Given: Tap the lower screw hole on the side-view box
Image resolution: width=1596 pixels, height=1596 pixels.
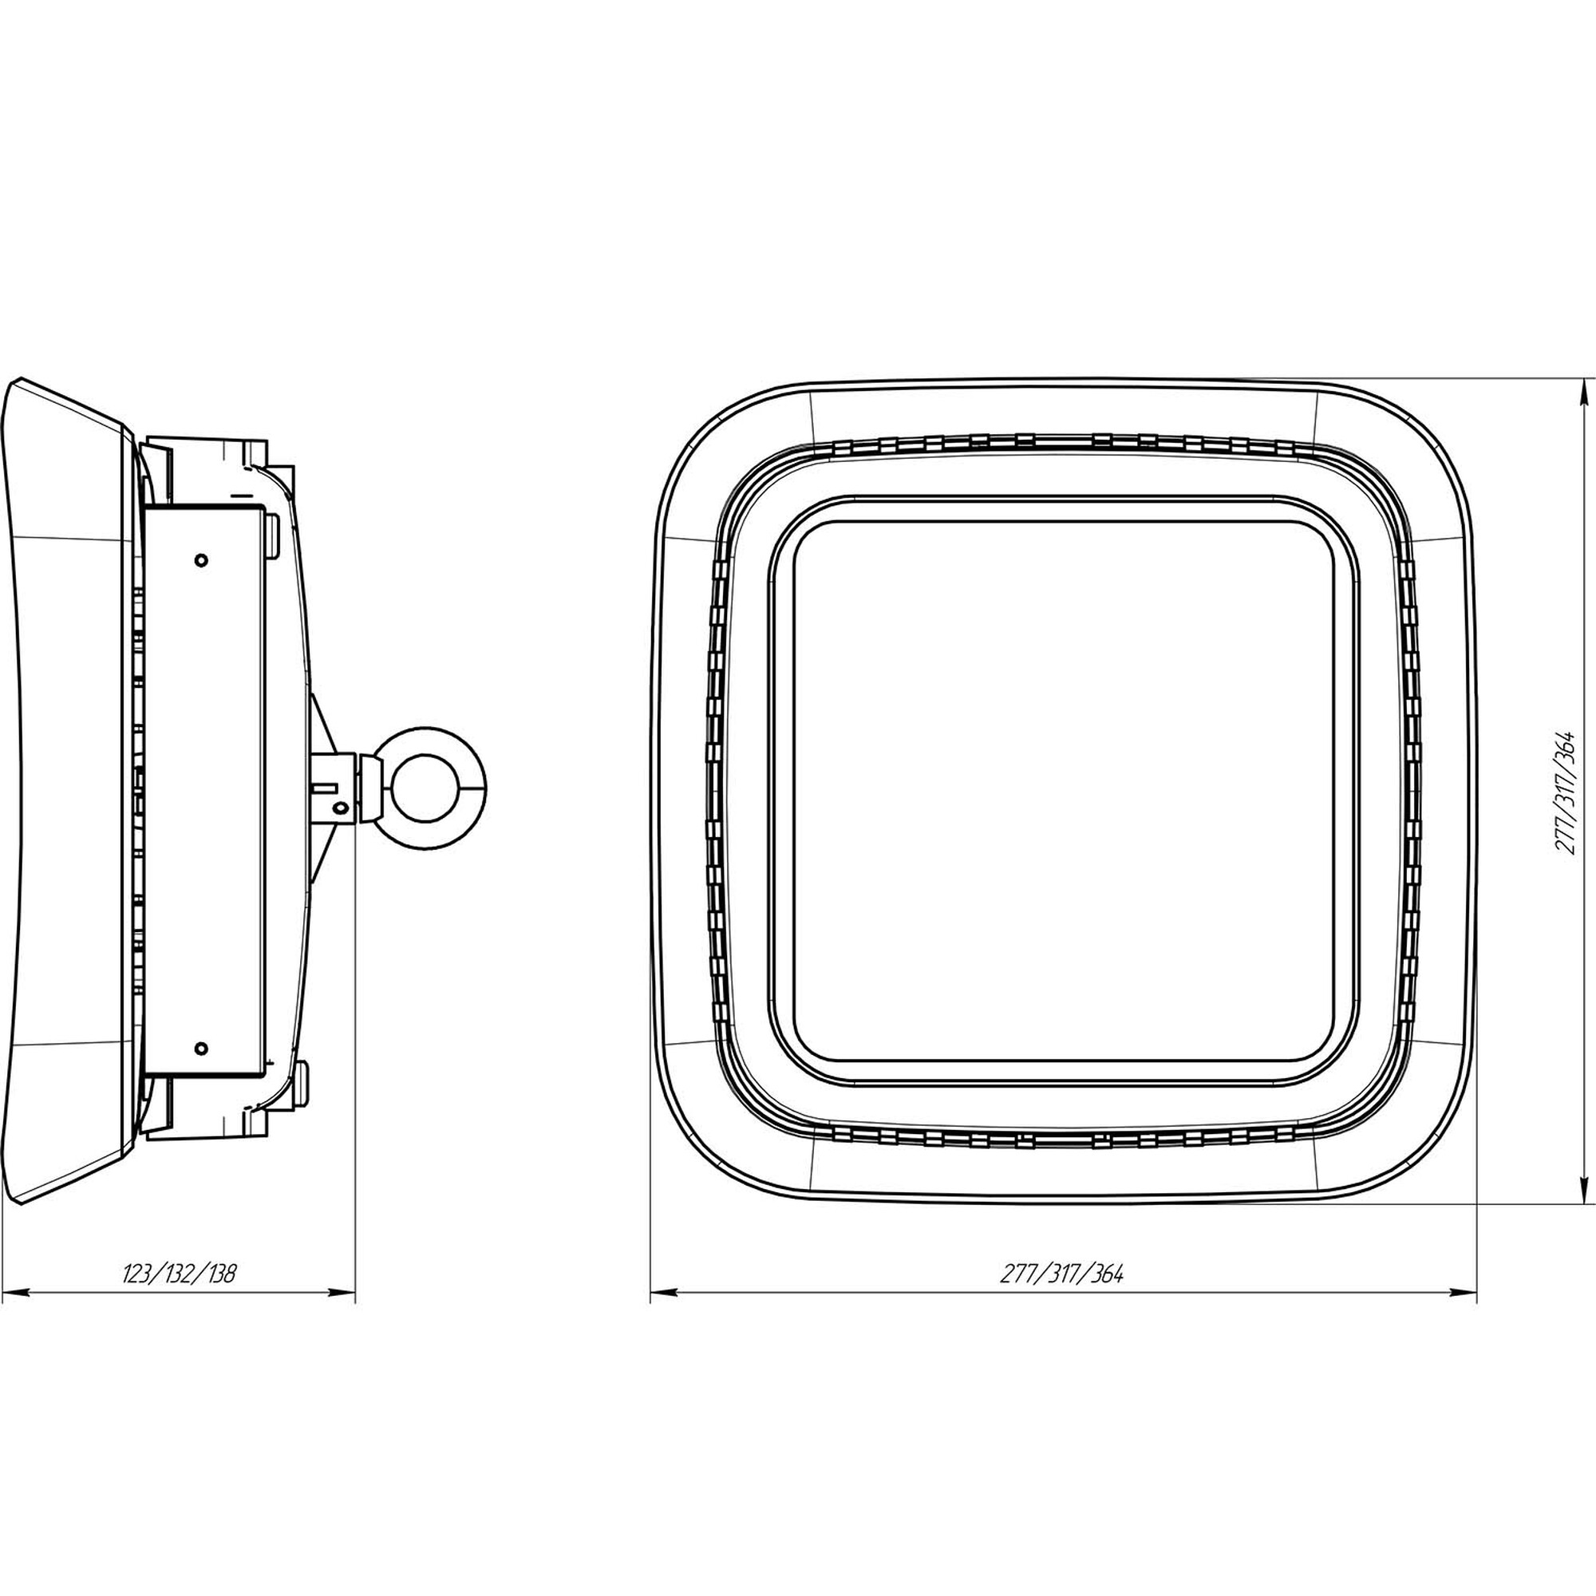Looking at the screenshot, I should point(200,1049).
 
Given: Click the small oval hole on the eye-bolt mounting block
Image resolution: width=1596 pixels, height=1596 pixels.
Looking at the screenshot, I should point(338,804).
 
